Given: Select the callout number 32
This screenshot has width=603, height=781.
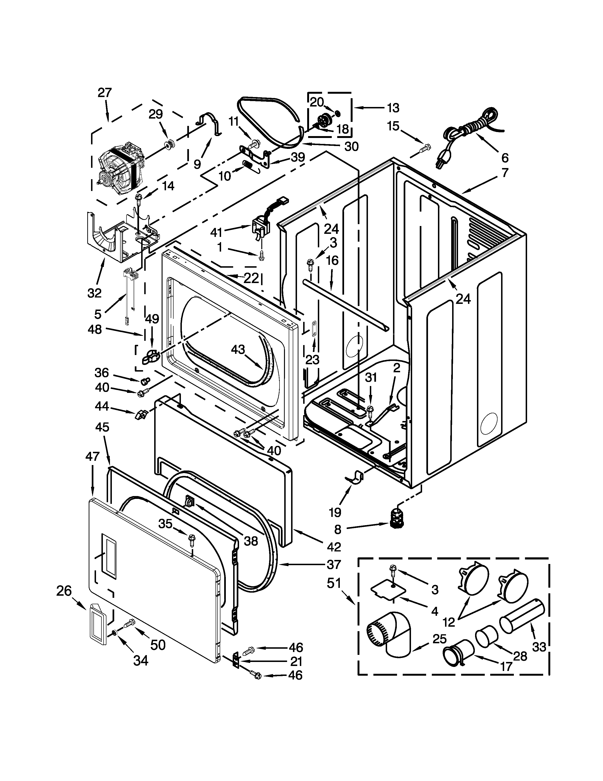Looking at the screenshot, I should (95, 293).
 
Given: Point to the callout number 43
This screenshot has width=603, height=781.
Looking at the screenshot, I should (238, 349).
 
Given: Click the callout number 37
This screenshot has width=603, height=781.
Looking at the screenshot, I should (334, 565).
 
